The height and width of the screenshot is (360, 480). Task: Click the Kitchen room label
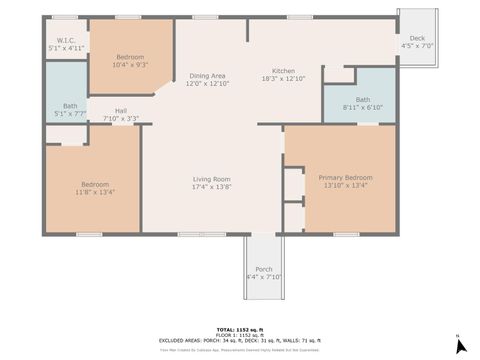coord(284,71)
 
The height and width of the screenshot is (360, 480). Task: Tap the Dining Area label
coord(207,77)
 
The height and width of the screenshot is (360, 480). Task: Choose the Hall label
coord(120,111)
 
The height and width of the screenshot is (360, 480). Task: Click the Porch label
coord(264,269)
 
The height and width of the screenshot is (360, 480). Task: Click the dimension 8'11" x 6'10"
coord(362,106)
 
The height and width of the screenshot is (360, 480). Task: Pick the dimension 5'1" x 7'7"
coord(69,113)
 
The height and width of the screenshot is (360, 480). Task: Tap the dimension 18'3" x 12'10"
coord(284,79)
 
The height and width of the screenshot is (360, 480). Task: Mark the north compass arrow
coord(459,345)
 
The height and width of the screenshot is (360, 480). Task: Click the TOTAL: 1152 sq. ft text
coord(240,328)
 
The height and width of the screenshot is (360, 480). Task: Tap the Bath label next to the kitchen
coord(362,99)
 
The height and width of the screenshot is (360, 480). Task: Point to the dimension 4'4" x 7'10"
coord(264,276)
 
